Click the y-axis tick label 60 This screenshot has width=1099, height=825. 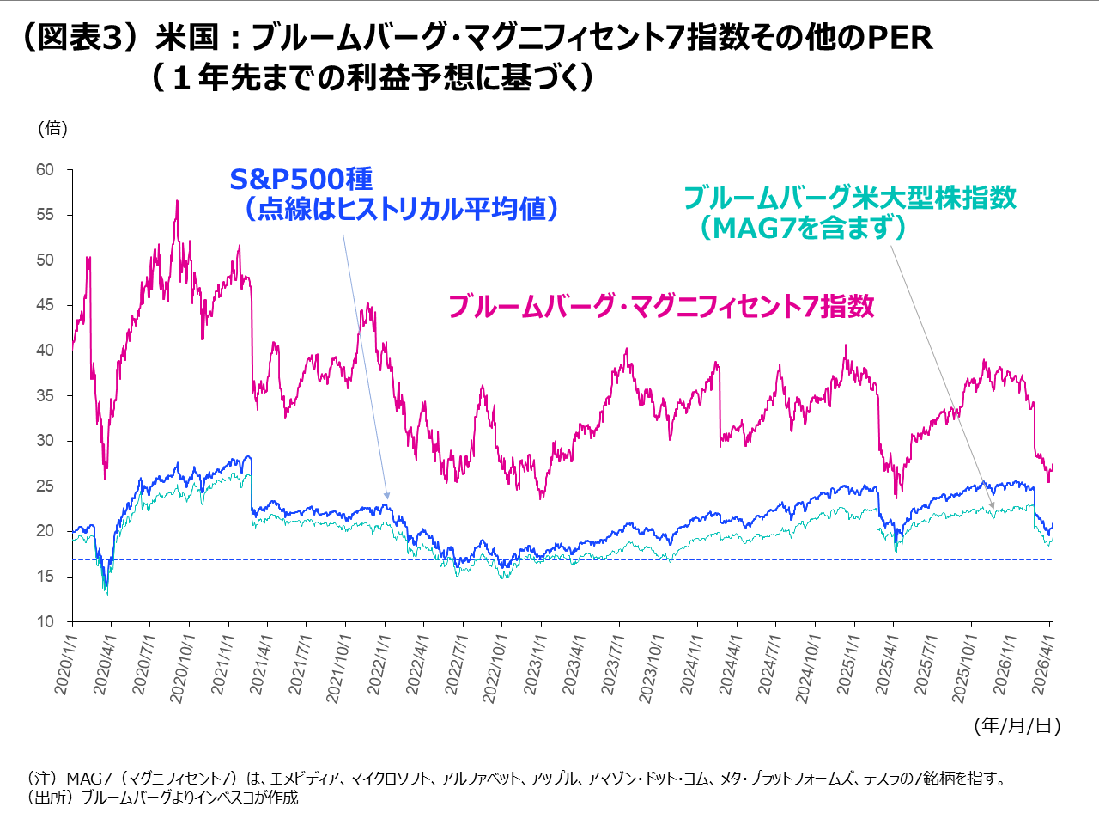click(x=45, y=170)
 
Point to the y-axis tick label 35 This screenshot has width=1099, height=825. click(x=45, y=396)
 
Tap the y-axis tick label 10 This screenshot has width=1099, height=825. click(x=45, y=621)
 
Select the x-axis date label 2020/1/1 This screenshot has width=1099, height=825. click(x=64, y=663)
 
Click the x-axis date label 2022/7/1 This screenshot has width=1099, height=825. click(x=456, y=663)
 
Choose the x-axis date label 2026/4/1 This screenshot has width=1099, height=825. click(x=1042, y=663)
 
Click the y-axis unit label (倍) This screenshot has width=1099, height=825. click(x=52, y=128)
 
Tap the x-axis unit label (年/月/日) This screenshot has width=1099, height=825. click(x=1017, y=726)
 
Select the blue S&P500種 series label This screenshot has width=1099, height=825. click(x=301, y=180)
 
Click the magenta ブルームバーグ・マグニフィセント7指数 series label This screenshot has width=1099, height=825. click(x=661, y=307)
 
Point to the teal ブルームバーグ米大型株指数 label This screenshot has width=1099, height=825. click(x=850, y=198)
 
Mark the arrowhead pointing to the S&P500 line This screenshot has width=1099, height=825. click(x=387, y=496)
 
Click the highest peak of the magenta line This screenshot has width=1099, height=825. click(x=177, y=201)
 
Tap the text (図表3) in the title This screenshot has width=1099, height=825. click(x=79, y=38)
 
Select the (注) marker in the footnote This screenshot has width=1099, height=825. click(x=42, y=779)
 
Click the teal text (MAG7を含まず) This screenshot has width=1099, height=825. click(x=802, y=228)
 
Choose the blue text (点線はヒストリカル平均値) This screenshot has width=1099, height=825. click(x=402, y=209)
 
